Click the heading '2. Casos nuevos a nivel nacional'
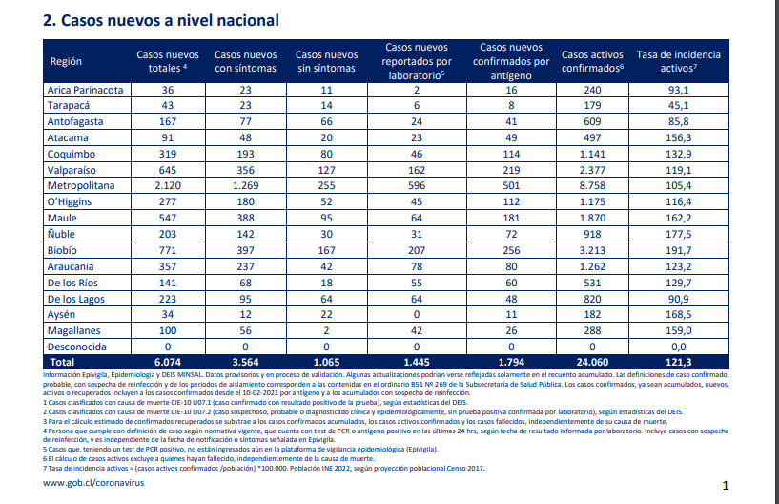click(161, 20)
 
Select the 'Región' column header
click(66, 62)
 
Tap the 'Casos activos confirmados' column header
click(592, 61)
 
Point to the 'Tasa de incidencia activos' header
click(679, 61)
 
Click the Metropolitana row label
click(81, 185)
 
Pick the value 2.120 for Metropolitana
click(168, 185)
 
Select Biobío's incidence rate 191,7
click(679, 250)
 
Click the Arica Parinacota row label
click(85, 90)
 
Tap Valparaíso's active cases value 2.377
click(592, 170)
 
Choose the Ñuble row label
click(61, 234)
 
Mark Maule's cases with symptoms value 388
click(245, 218)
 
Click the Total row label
click(62, 362)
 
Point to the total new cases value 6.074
click(168, 362)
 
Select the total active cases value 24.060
click(592, 362)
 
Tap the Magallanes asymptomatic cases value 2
click(326, 331)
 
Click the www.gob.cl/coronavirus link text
click(93, 483)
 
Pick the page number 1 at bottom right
click(726, 486)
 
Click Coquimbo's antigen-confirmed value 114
click(511, 155)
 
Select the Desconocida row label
click(76, 346)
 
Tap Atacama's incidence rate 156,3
click(679, 137)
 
